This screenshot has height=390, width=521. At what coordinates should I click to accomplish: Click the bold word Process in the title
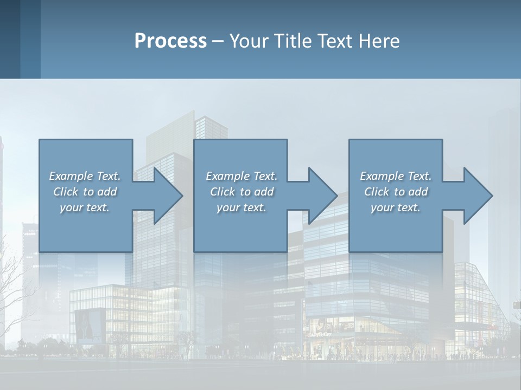170,41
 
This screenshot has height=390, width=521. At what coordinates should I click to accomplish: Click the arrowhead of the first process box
166,196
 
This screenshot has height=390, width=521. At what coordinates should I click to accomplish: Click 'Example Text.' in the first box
85,176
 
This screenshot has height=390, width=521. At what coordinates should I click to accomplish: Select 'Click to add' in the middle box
242,192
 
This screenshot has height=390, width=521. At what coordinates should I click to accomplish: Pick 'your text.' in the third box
396,207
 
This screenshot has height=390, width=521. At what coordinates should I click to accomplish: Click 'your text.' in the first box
85,207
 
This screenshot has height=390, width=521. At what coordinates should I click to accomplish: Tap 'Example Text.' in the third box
396,176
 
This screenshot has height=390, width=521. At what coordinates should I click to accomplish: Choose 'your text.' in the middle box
242,207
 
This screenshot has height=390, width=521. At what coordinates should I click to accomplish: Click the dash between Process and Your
218,41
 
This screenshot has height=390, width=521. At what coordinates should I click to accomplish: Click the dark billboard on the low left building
90,324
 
